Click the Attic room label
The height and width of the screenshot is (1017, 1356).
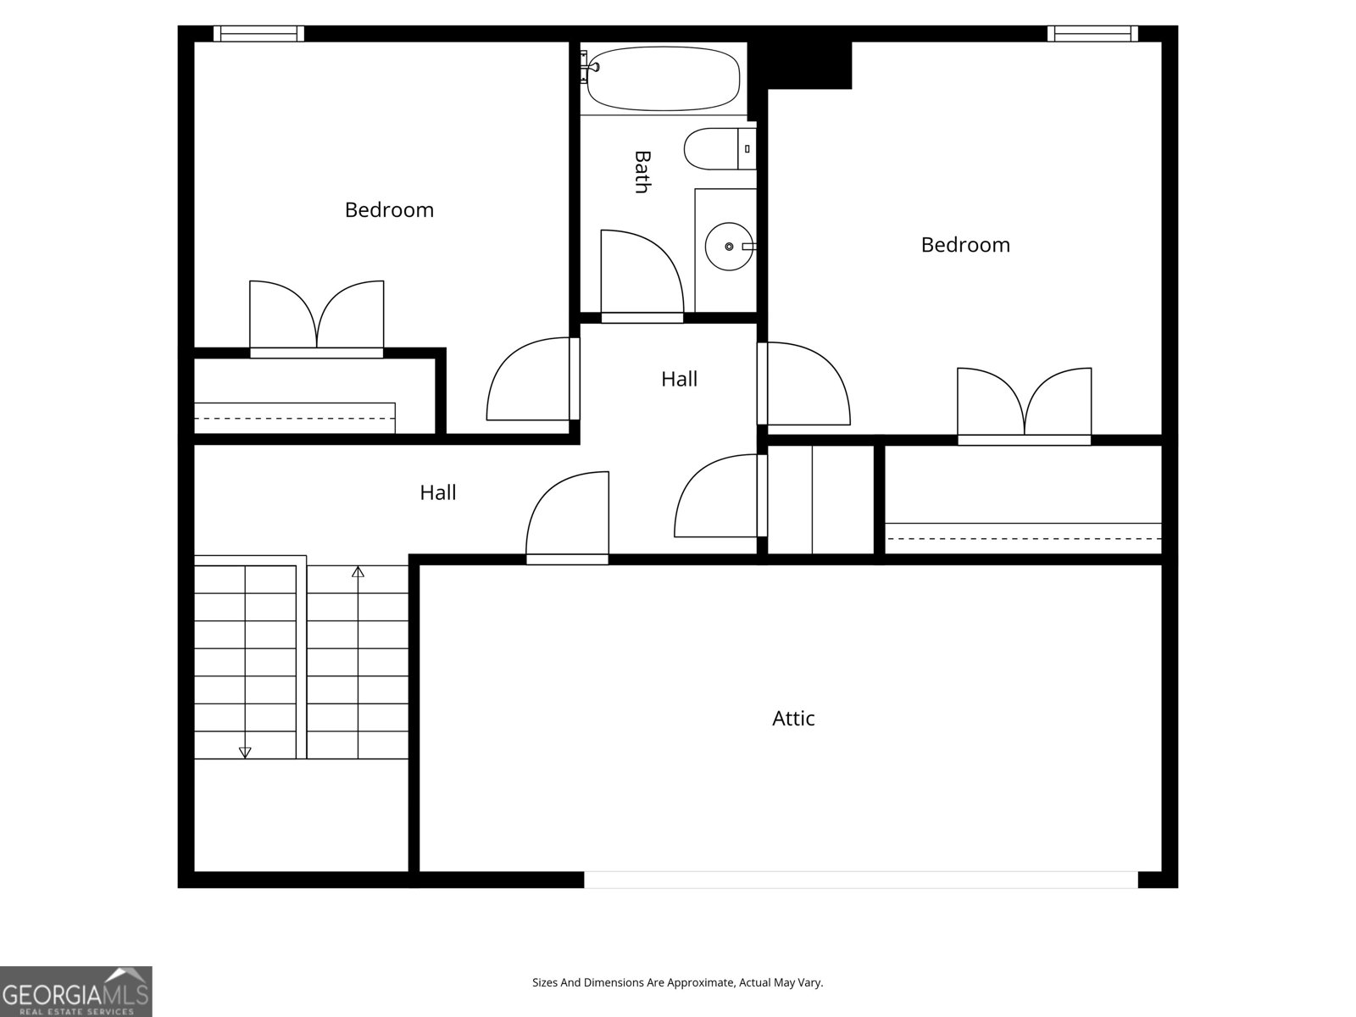793,719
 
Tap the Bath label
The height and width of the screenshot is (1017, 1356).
642,172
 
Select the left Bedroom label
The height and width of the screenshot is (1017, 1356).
389,210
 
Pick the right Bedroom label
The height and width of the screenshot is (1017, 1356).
965,245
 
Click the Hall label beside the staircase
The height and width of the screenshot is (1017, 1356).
438,492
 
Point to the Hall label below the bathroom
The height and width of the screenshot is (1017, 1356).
679,379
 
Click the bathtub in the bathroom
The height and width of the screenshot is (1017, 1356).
663,78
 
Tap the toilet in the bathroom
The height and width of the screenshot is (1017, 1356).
717,149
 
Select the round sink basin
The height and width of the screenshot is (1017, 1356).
728,247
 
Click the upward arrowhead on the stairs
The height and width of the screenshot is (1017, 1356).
358,572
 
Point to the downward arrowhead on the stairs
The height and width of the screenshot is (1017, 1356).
245,752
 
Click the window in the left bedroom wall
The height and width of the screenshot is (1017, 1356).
258,33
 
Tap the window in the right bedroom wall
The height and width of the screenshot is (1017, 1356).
1092,33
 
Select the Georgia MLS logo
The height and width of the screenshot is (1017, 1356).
76,992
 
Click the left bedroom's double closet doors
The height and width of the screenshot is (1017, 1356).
316,315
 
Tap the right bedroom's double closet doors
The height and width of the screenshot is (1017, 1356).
1024,403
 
